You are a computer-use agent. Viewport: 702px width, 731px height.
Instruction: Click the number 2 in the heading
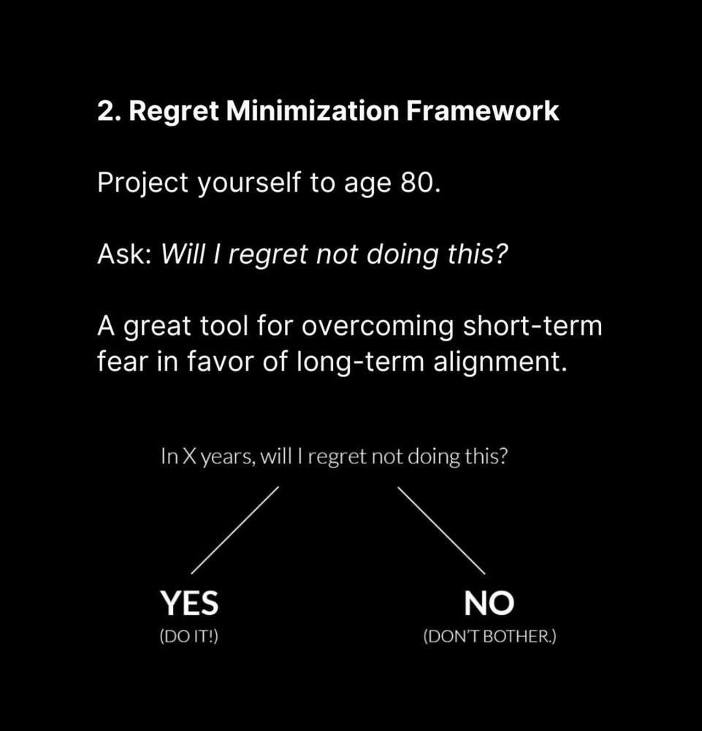click(x=106, y=111)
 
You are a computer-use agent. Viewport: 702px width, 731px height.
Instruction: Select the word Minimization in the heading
click(x=312, y=111)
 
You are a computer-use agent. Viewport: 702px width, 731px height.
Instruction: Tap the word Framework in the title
click(x=482, y=111)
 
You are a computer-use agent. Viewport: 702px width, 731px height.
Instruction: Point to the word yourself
click(x=249, y=183)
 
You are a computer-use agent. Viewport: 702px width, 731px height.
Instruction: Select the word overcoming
click(x=378, y=326)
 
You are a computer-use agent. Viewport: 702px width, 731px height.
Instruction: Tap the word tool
click(x=224, y=325)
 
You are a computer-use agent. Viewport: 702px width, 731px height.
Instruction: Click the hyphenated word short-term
click(x=532, y=325)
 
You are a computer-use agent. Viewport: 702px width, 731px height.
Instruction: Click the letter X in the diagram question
click(x=188, y=456)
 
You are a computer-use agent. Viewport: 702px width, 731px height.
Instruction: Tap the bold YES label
click(x=189, y=603)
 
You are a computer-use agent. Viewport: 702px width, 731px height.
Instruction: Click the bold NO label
click(x=489, y=603)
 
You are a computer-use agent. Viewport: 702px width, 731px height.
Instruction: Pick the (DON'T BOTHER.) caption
click(x=489, y=637)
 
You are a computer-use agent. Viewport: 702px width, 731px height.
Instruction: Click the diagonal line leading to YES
click(x=234, y=531)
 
